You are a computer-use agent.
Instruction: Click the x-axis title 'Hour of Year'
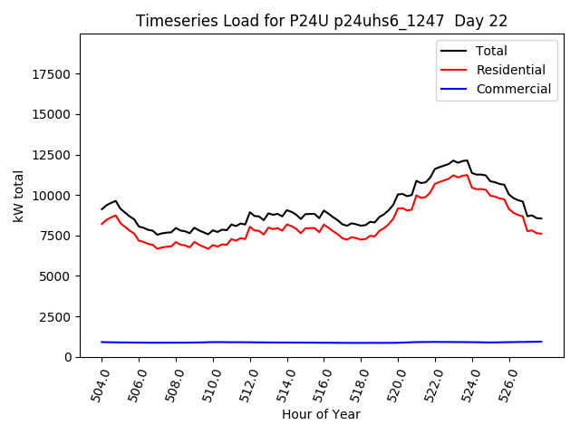click(x=321, y=414)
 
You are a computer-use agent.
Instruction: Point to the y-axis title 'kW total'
click(x=19, y=196)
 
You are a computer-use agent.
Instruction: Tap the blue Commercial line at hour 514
click(x=287, y=343)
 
